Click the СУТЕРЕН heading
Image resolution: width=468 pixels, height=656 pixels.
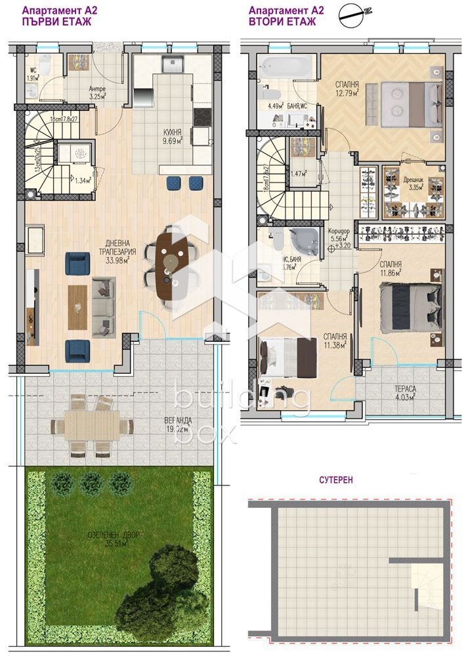[337, 480]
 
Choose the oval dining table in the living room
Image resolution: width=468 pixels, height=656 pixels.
[174, 266]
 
